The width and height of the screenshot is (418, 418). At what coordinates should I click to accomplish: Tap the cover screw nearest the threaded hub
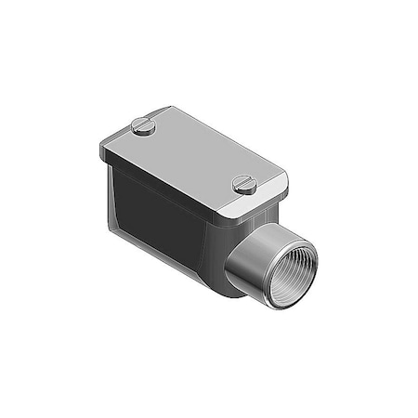click(x=245, y=185)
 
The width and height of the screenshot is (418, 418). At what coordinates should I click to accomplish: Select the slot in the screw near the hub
click(x=245, y=184)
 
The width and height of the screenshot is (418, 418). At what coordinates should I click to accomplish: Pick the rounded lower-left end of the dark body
click(x=117, y=223)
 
